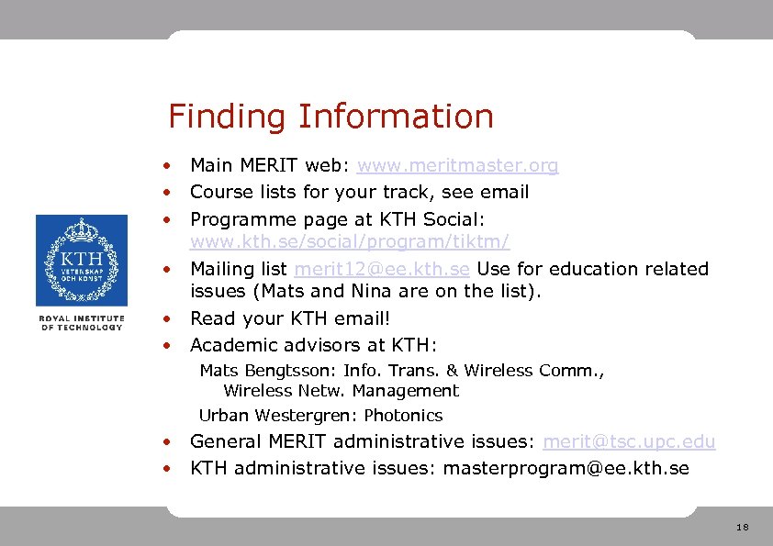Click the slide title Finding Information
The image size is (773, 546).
coord(330,117)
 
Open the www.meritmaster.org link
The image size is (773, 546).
coord(457,166)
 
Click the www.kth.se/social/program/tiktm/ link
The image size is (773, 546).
coord(349,242)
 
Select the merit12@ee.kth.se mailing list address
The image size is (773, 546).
coord(382,269)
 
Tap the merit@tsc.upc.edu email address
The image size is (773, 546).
coord(629,441)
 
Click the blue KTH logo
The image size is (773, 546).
coord(82,262)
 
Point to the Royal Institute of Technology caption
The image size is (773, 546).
coord(82,323)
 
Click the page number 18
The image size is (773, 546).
coord(742,527)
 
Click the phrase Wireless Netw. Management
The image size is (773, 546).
coord(341,391)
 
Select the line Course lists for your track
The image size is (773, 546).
coord(359,193)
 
